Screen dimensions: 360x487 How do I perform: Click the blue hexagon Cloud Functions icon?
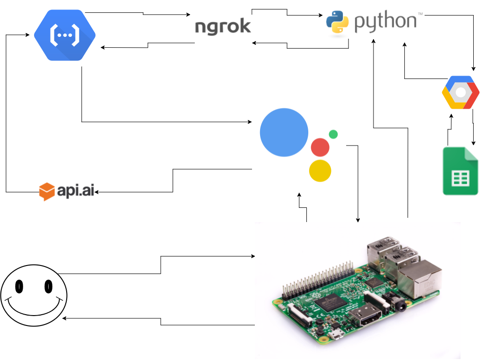click(65, 36)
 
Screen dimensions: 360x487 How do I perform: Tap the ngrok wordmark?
click(223, 26)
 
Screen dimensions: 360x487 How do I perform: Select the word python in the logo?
click(386, 22)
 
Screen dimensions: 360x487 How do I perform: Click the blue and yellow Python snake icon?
click(338, 22)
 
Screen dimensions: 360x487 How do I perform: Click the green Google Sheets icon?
click(460, 171)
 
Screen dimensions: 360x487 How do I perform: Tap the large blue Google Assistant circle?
click(284, 132)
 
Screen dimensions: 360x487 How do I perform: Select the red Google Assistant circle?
click(320, 147)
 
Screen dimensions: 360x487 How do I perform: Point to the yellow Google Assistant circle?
click(320, 171)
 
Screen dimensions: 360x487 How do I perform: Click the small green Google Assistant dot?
click(333, 134)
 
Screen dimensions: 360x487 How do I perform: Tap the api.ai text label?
click(76, 191)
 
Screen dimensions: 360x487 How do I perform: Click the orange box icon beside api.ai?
click(46, 191)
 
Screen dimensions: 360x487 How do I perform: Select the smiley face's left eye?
click(19, 286)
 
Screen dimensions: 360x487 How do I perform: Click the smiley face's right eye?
click(48, 286)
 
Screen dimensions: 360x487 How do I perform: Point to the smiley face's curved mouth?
click(34, 309)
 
